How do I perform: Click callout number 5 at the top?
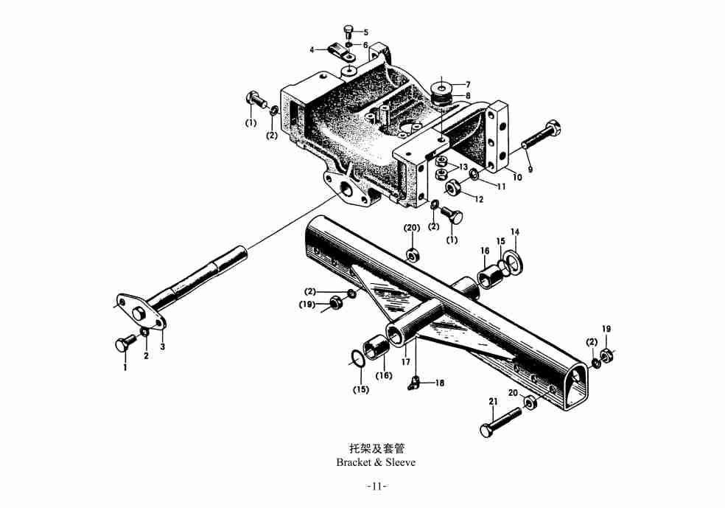click(365, 32)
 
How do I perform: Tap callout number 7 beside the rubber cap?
click(467, 84)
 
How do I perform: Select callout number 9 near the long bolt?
click(530, 169)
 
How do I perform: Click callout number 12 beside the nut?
click(479, 199)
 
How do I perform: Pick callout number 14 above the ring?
click(515, 232)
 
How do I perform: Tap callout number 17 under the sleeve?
click(405, 362)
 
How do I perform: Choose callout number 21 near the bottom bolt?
click(493, 402)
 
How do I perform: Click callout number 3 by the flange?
click(162, 346)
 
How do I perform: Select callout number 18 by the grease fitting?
click(440, 383)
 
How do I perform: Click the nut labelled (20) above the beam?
click(413, 254)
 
